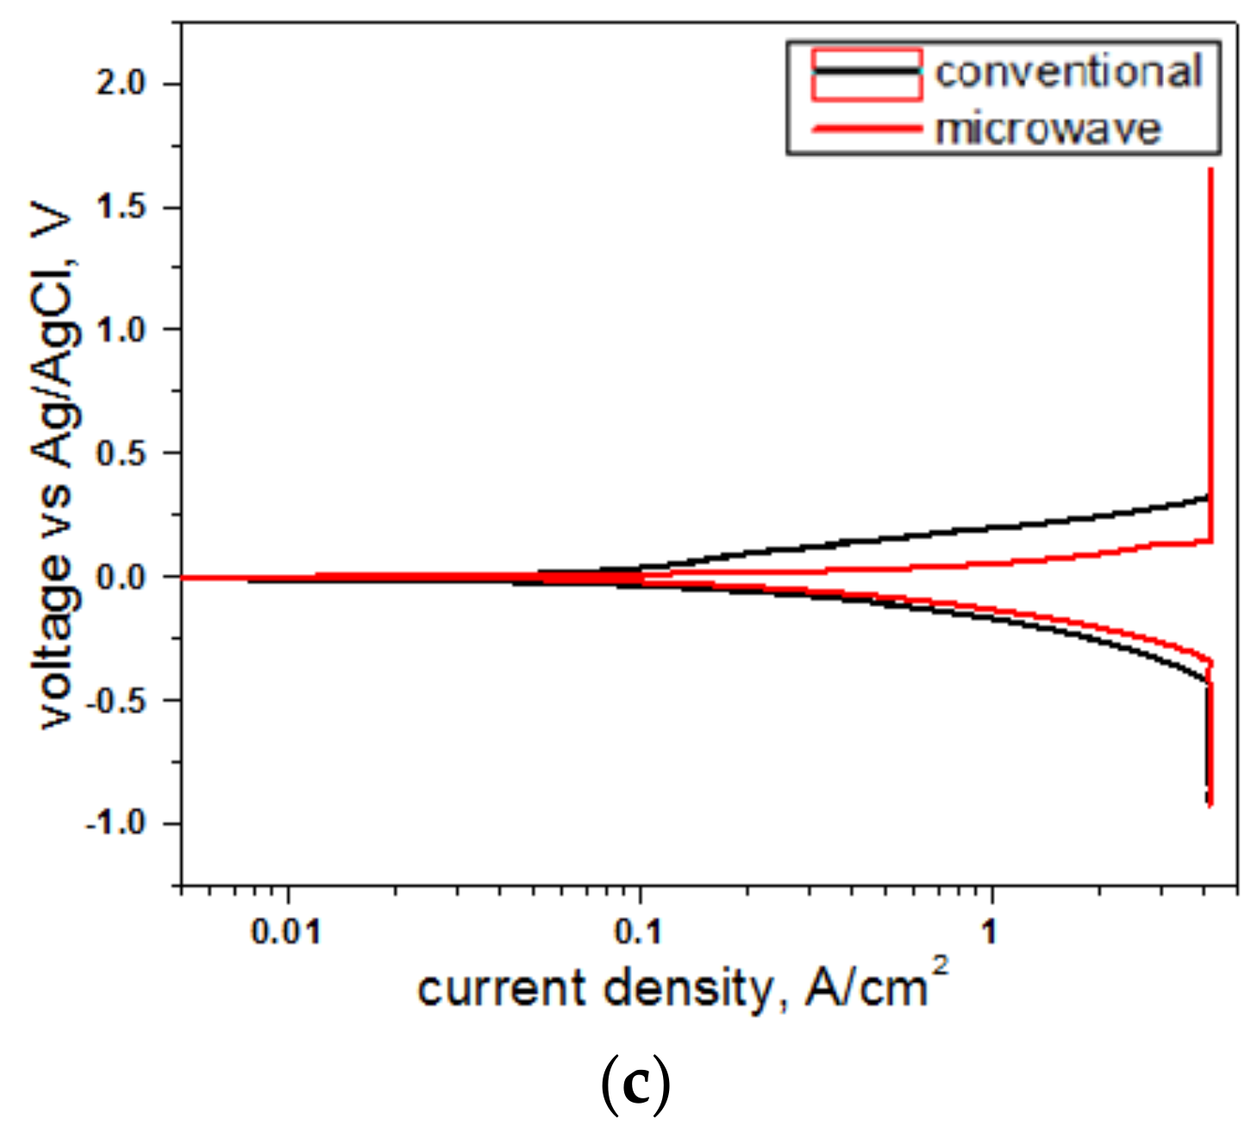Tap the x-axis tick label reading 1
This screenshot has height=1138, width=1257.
pos(991,931)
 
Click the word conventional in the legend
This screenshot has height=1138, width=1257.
pos(1068,72)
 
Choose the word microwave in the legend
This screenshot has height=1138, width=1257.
pos(1048,128)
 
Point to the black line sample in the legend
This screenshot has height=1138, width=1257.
pos(866,72)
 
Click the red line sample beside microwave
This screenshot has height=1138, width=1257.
pos(866,129)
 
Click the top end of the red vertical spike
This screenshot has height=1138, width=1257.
pos(1210,170)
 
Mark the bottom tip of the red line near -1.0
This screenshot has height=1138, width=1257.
pos(1210,805)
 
